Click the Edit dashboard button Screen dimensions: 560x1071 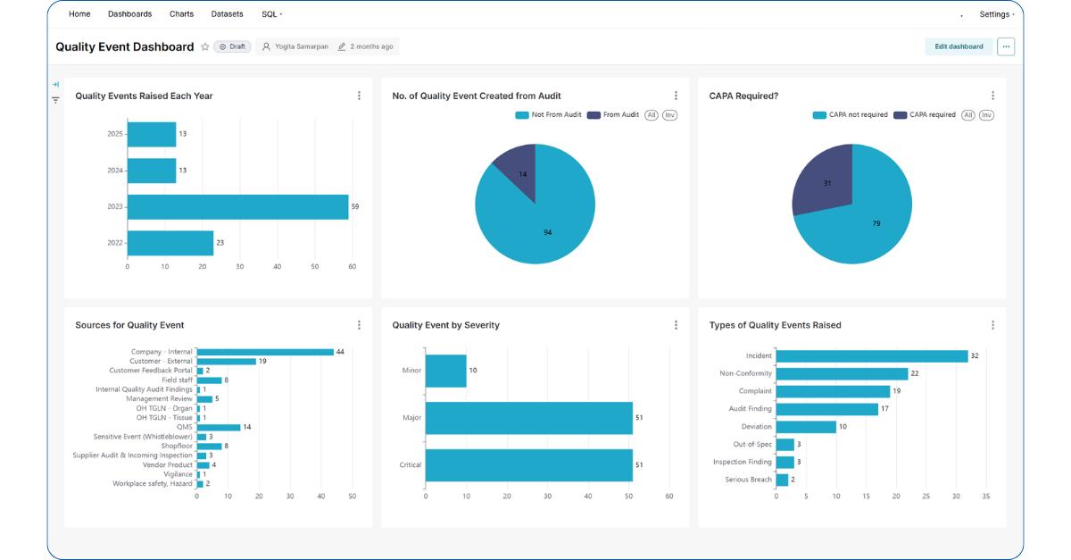click(959, 46)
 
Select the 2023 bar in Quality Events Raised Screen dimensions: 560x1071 click(237, 207)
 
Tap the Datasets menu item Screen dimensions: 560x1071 click(227, 14)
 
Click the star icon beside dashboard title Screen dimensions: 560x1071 click(205, 46)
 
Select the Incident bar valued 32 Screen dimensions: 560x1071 click(871, 355)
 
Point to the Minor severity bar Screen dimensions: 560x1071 click(445, 371)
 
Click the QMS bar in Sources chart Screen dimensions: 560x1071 click(219, 427)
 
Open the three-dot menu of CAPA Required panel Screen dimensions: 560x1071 click(992, 96)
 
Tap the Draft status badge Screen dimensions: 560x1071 click(232, 46)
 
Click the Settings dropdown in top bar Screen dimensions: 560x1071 click(996, 14)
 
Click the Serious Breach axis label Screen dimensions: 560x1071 click(749, 480)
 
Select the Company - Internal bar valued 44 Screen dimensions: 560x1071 click(265, 352)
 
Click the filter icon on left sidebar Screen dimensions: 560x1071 click(55, 100)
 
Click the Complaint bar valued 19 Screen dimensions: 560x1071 click(833, 391)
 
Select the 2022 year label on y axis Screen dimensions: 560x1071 click(114, 243)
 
